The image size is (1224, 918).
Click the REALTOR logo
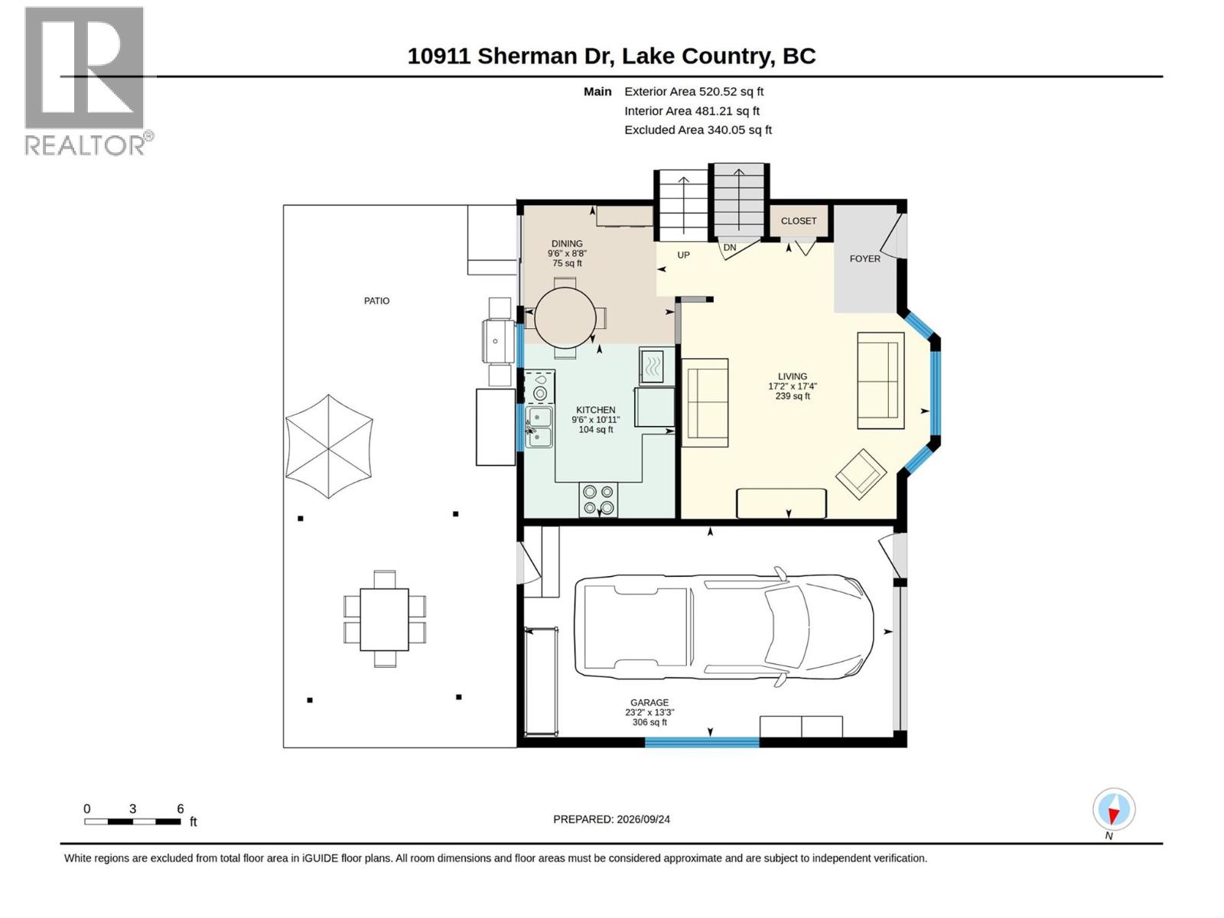coord(88,81)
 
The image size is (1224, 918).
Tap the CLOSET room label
coord(798,221)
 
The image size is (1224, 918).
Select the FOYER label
coord(864,259)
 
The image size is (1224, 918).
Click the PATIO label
coord(376,301)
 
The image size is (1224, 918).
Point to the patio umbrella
coord(329,446)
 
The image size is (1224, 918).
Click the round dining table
coord(565,318)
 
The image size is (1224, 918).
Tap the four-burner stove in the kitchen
coord(598,500)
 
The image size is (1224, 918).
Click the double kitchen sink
coord(539,428)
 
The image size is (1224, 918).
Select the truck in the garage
coord(724,627)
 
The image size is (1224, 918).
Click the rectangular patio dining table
coord(384,619)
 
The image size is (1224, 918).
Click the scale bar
coord(132,822)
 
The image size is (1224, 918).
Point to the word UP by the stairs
coord(683,256)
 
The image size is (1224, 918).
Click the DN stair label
coord(729,247)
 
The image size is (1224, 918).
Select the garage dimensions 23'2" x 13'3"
coord(649,712)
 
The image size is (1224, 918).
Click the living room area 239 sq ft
coord(793,396)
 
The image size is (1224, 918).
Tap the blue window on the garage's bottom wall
coord(702,742)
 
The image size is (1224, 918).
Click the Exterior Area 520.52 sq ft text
coord(694,91)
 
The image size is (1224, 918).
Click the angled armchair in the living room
coord(861,474)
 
